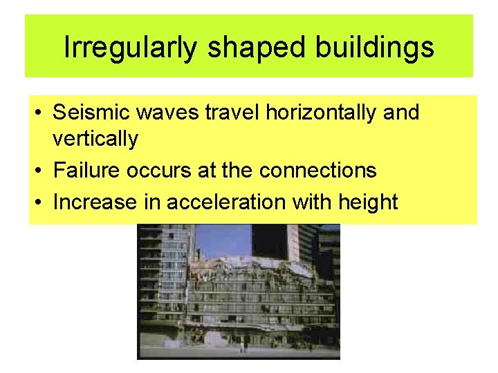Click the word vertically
click(95, 139)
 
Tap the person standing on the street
click(243, 345)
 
